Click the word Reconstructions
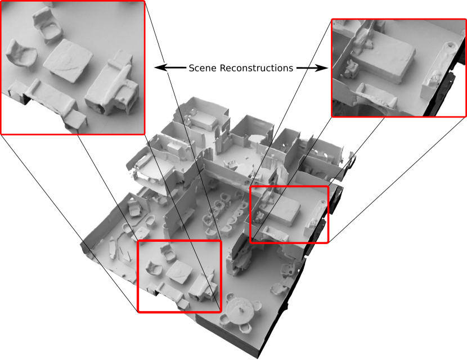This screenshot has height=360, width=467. pos(257,68)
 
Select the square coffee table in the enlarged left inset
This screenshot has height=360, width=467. pos(68,60)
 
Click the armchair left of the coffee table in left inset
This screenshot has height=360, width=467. pos(21,56)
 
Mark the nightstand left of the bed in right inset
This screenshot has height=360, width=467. pos(352,70)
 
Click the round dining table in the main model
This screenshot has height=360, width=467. pos(240,310)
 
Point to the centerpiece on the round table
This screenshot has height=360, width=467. pos(241,309)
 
